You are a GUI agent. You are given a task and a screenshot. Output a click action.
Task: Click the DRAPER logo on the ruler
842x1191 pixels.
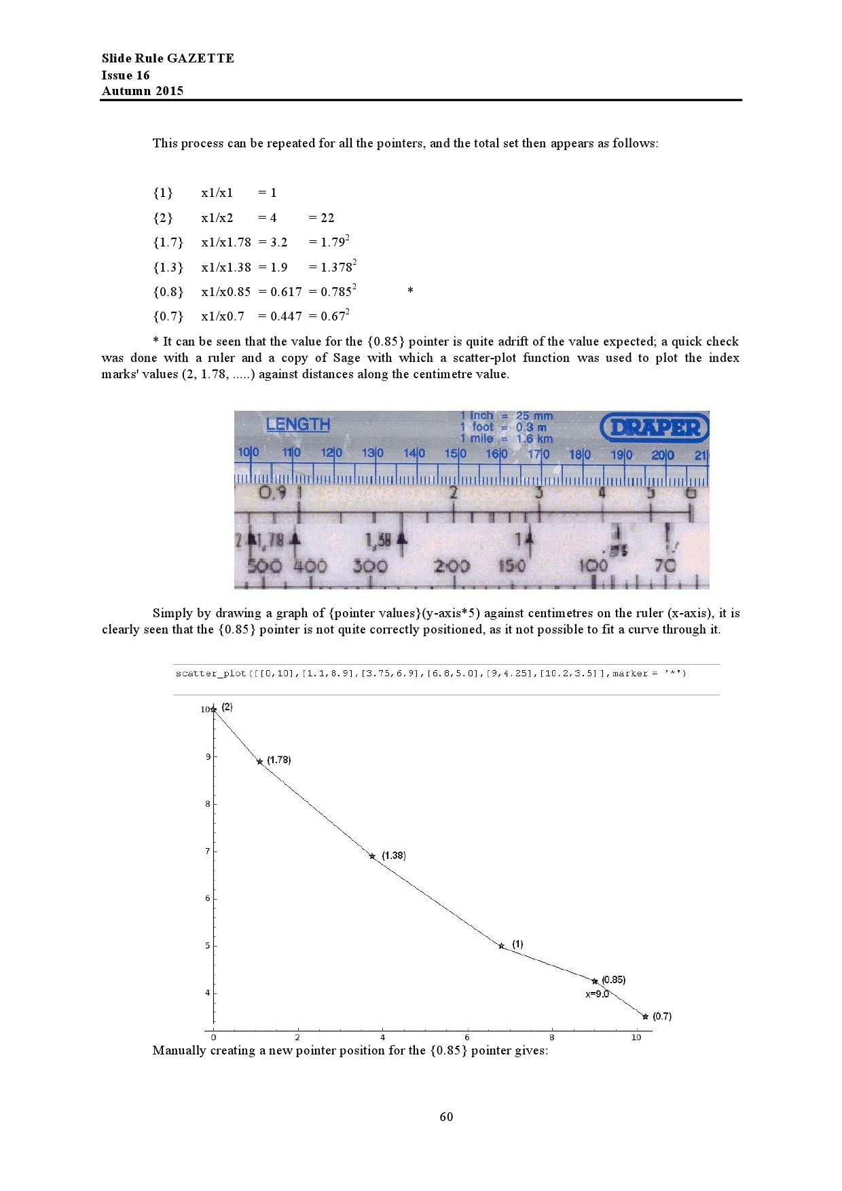654,427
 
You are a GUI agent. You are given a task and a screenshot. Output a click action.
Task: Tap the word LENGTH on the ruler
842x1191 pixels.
297,424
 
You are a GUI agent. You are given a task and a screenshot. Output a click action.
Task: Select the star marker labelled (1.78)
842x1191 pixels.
259,762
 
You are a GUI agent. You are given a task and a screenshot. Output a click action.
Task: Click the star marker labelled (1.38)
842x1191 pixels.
372,856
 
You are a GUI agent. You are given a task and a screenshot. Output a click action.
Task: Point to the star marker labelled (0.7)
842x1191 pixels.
645,1016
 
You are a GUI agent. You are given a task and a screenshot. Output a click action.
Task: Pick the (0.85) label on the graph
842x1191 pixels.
614,980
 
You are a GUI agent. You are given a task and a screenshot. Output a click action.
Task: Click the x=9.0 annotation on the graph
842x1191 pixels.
598,994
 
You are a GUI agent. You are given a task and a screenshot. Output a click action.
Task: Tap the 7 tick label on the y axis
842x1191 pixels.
207,851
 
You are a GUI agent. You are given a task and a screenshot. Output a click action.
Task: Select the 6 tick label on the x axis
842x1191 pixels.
466,1038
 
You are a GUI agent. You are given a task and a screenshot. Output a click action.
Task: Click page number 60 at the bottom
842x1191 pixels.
446,1117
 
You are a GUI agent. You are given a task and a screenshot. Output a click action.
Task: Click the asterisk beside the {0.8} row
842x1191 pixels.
410,291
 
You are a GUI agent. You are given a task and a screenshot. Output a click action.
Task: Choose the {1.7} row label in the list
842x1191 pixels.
168,242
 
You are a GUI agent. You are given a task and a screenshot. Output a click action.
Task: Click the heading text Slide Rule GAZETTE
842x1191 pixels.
168,58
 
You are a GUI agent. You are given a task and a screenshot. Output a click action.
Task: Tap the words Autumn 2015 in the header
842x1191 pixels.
143,91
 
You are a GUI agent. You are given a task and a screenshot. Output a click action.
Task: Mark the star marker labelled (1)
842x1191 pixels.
501,946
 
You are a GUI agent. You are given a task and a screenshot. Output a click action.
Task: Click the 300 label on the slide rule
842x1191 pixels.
370,566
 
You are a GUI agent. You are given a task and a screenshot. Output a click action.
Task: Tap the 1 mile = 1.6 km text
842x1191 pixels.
507,439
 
